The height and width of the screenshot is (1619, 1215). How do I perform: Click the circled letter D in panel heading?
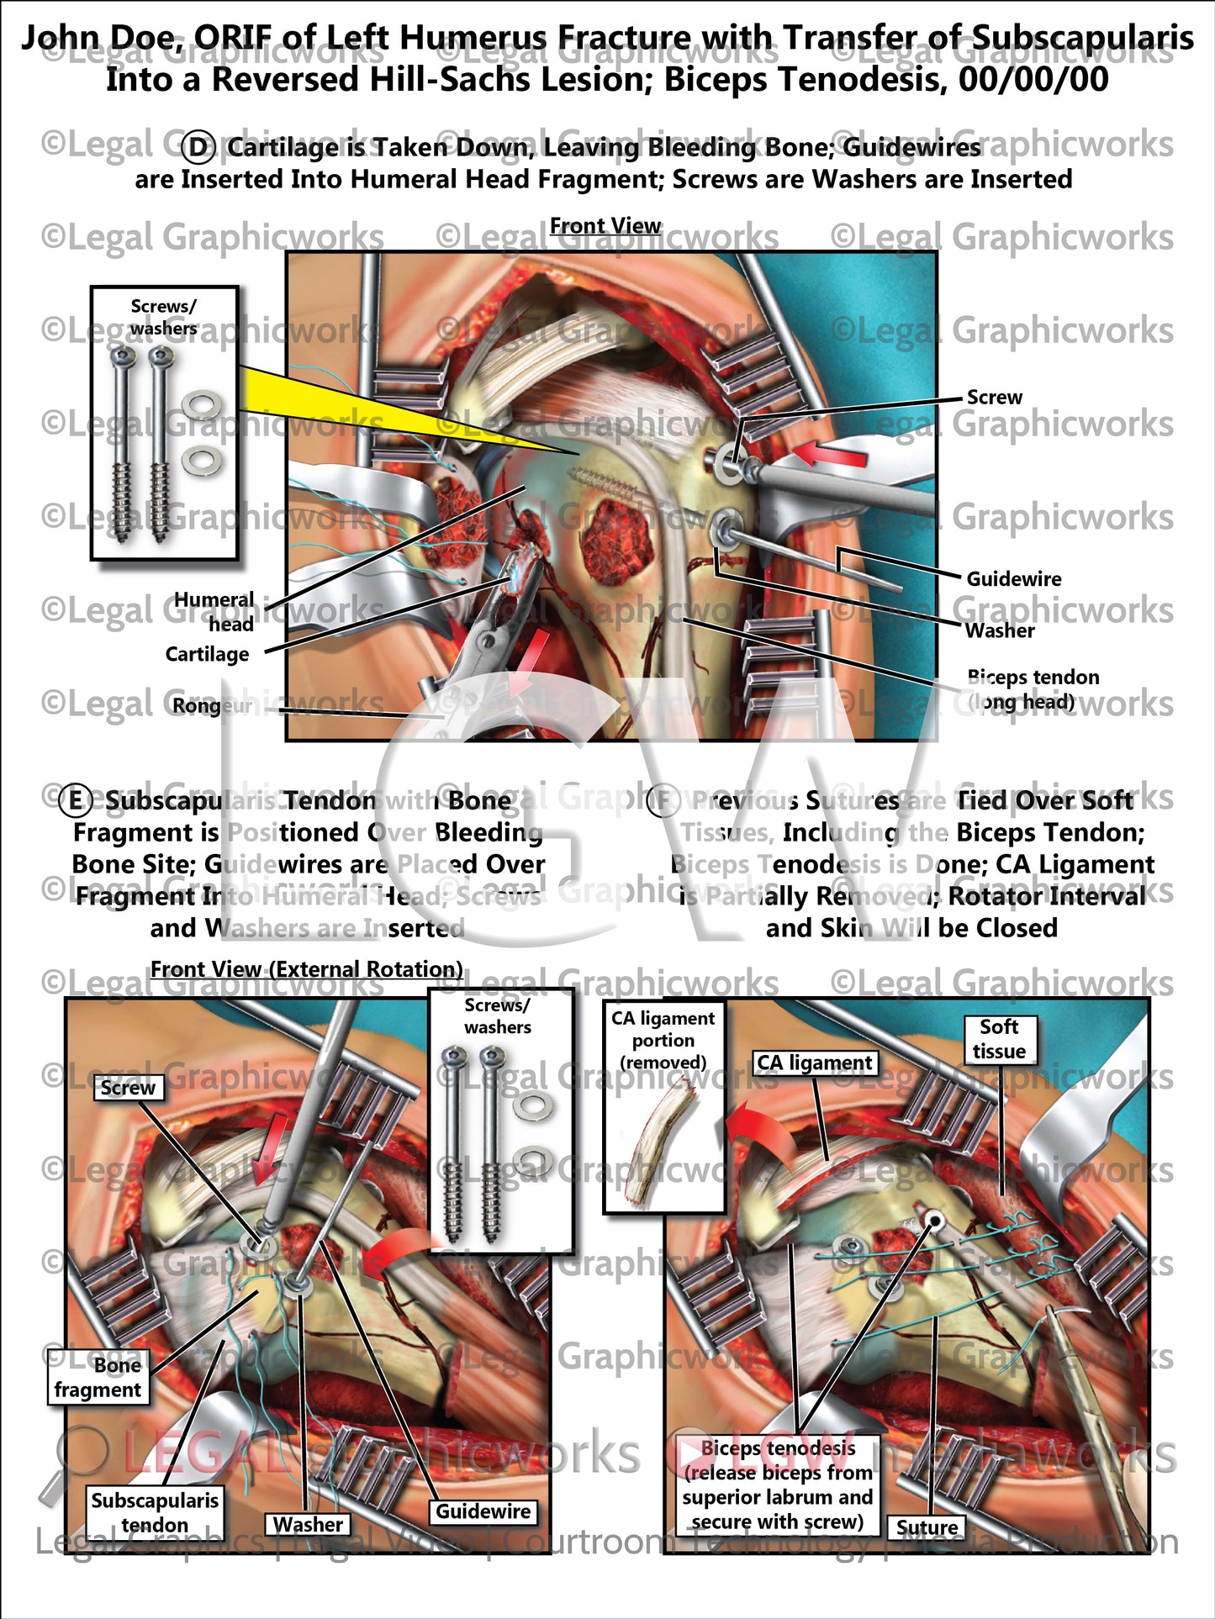[199, 148]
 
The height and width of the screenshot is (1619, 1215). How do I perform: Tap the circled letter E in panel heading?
[76, 800]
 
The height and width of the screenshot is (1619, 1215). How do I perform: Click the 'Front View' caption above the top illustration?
[605, 226]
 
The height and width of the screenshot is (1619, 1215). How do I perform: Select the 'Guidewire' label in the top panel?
[1013, 579]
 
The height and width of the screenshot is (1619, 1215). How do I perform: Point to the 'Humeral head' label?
[214, 611]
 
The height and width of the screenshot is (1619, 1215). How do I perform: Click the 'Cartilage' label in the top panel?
[207, 654]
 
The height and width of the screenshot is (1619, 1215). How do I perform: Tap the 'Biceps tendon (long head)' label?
[1033, 689]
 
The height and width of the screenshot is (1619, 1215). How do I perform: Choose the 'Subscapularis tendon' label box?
[155, 1512]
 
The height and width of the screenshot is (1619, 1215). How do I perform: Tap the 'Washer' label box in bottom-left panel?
[308, 1524]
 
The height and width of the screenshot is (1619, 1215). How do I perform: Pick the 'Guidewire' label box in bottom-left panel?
[483, 1511]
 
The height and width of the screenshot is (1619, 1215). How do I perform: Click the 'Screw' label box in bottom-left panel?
[128, 1088]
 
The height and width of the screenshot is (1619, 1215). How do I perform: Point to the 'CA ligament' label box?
[815, 1063]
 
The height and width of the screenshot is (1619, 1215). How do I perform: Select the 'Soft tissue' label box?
[999, 1039]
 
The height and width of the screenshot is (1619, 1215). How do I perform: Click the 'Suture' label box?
[927, 1527]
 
